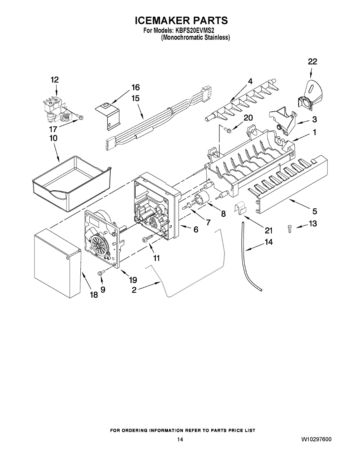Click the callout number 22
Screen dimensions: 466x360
coord(312,62)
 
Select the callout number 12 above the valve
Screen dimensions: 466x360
coord(54,80)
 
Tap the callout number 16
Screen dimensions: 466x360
coord(135,87)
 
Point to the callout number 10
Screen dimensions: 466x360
coord(53,138)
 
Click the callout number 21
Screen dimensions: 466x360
coord(269,231)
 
